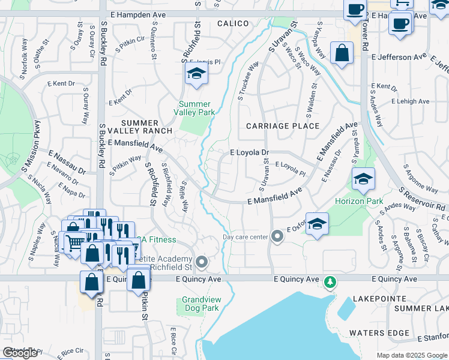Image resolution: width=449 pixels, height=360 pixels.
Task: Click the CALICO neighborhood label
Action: click(232, 23)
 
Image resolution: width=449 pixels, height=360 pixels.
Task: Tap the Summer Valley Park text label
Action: click(195, 108)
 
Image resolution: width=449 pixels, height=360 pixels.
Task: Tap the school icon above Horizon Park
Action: click(363, 178)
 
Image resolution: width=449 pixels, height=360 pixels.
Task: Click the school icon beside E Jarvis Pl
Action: click(194, 74)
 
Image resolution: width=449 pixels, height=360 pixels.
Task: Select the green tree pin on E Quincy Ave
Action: click(329, 281)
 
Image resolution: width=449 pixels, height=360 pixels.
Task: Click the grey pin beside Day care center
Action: click(277, 236)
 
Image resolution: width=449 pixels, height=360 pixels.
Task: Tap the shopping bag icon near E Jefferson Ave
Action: click(341, 52)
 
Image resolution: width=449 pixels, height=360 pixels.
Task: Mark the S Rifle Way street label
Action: click(184, 197)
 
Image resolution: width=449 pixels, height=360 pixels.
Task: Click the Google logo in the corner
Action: click(20, 353)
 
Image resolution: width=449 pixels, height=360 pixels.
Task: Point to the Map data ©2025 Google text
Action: click(412, 355)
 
